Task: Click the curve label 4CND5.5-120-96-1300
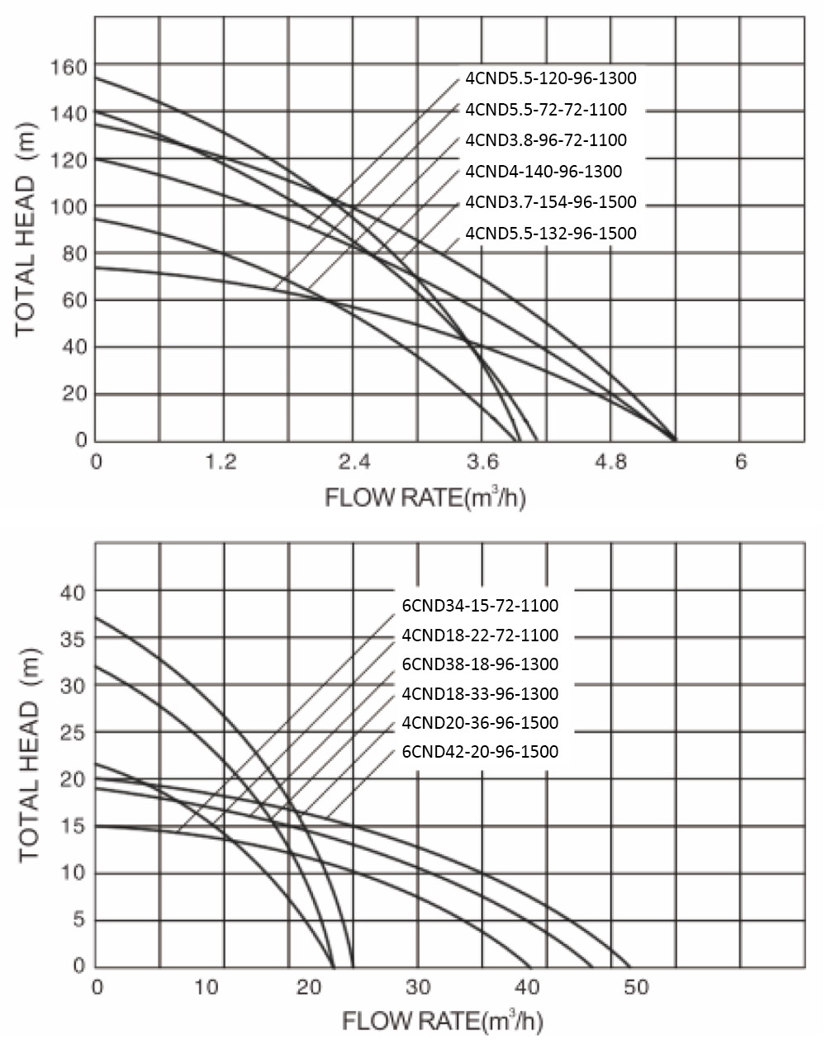pos(551,78)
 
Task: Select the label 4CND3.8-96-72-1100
pos(546,140)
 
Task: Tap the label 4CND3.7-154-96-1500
pos(551,202)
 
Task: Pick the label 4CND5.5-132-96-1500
pos(551,234)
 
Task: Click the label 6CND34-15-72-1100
pos(480,606)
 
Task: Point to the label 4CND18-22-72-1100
pos(480,636)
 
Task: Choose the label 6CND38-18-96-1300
pos(480,664)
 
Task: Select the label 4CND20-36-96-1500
pos(480,723)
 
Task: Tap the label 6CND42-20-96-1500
pos(480,752)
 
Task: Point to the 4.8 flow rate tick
pos(611,461)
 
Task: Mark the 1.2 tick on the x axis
pos(222,461)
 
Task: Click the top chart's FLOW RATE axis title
pos(425,499)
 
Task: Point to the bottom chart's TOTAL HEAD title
pos(31,757)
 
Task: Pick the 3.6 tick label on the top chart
pos(482,461)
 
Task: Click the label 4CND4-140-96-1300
pos(544,172)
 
